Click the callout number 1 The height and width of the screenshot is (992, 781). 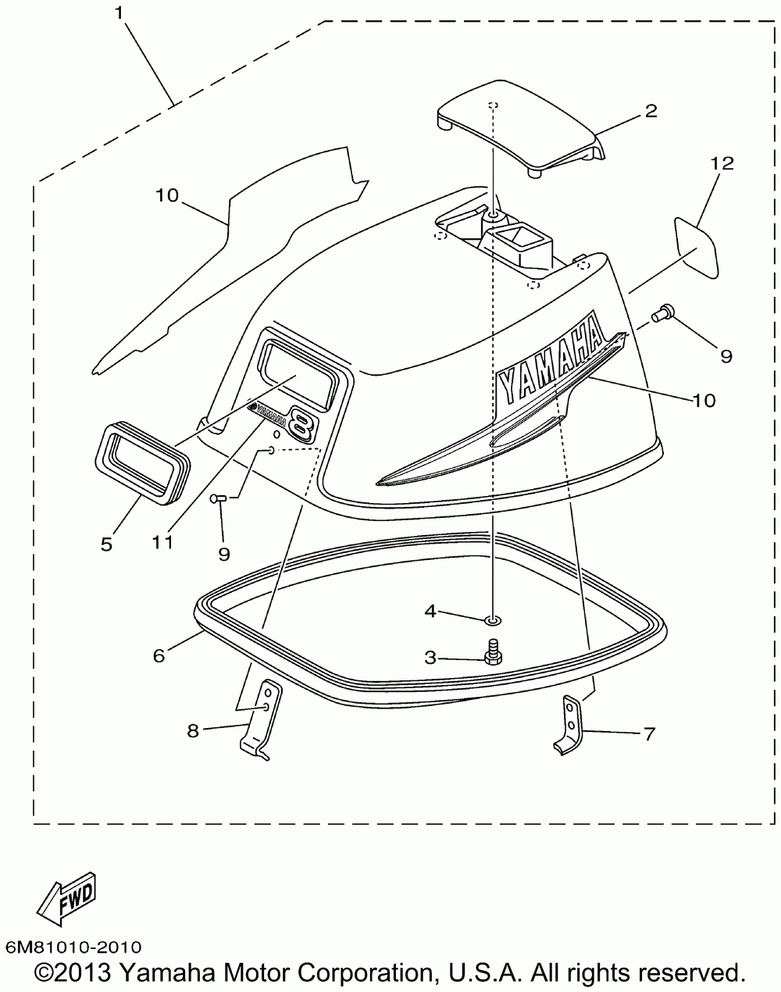pyautogui.click(x=119, y=12)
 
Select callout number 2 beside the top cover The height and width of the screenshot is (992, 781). pyautogui.click(x=650, y=110)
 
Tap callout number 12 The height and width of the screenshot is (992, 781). pyautogui.click(x=722, y=163)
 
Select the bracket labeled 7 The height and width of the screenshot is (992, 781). pyautogui.click(x=570, y=726)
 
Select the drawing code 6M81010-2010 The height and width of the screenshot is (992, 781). pyautogui.click(x=73, y=947)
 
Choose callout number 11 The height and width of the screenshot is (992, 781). pyautogui.click(x=162, y=542)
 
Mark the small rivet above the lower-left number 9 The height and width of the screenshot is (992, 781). pyautogui.click(x=218, y=497)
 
